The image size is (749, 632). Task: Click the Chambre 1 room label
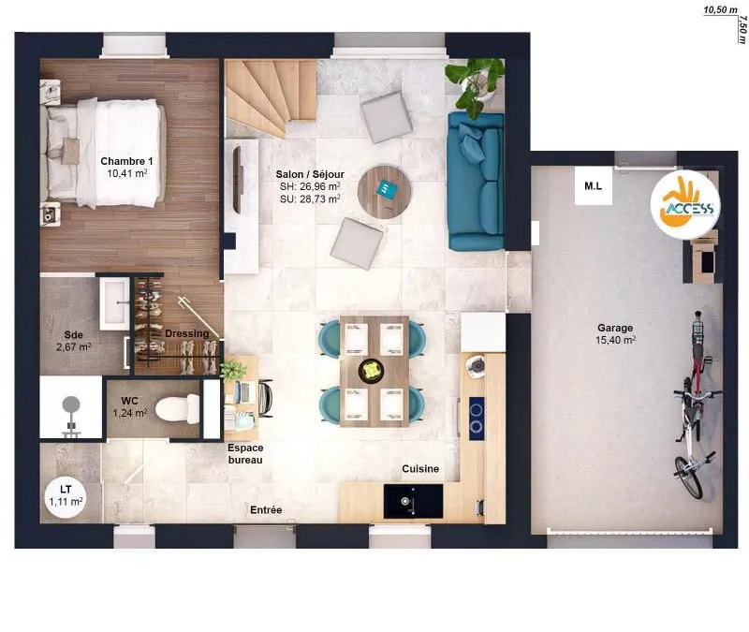pyautogui.click(x=126, y=161)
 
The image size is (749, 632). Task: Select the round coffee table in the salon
pyautogui.click(x=385, y=192)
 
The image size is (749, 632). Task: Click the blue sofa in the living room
pyautogui.click(x=477, y=182)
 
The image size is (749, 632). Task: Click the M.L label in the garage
pyautogui.click(x=594, y=185)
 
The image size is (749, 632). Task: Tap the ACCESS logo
pyautogui.click(x=686, y=203)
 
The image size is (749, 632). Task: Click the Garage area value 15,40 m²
pyautogui.click(x=615, y=340)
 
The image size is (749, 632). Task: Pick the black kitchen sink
pyautogui.click(x=413, y=501)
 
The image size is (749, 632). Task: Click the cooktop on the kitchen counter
pyautogui.click(x=477, y=419)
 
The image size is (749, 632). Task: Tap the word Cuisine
pyautogui.click(x=420, y=469)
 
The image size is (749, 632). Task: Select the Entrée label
pyautogui.click(x=266, y=510)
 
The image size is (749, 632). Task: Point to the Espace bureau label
pyautogui.click(x=245, y=454)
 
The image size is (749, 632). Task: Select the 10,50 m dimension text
pyautogui.click(x=720, y=9)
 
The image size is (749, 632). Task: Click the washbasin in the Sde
pyautogui.click(x=114, y=303)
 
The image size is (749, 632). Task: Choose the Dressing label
pyautogui.click(x=186, y=333)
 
